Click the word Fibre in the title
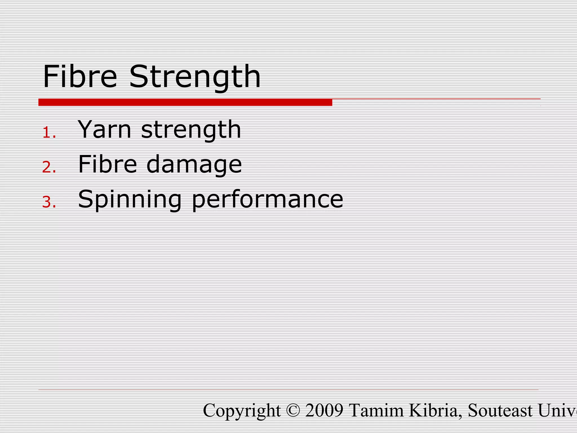click(80, 76)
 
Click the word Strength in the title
click(195, 77)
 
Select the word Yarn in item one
click(105, 129)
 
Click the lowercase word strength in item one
click(191, 130)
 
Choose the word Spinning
click(130, 200)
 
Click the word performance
click(267, 200)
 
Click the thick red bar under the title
click(185, 102)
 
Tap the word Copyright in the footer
click(242, 411)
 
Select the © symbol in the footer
click(293, 410)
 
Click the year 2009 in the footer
click(324, 410)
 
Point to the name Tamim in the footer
click(376, 410)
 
